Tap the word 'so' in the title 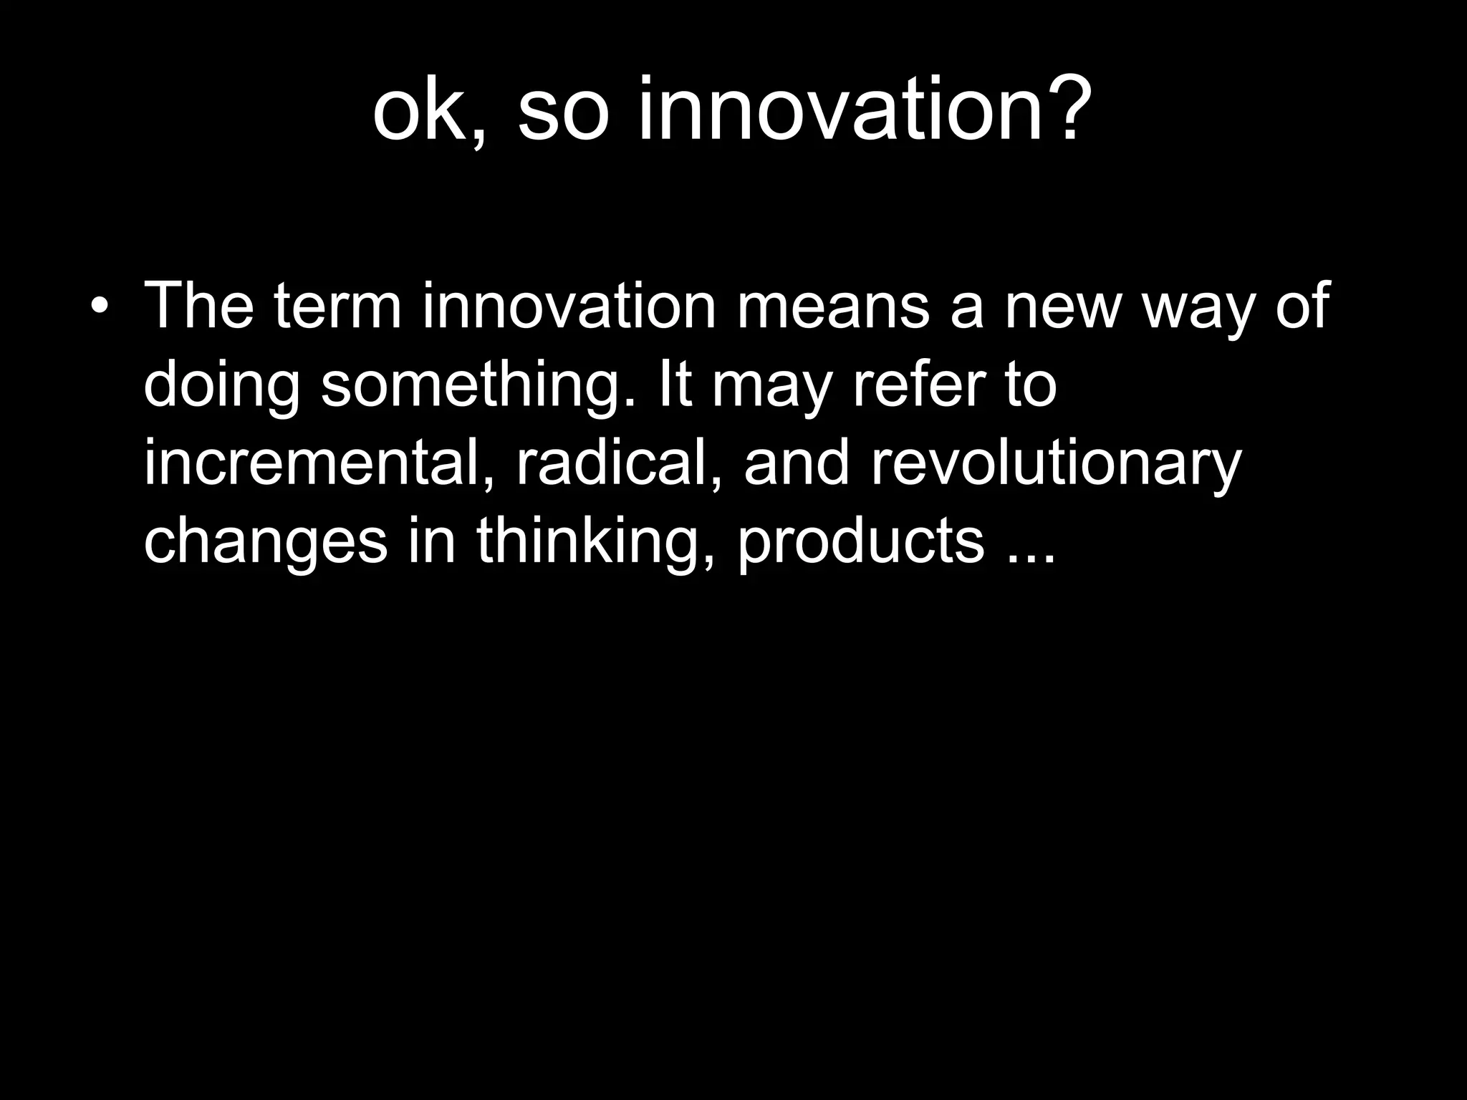[x=563, y=111]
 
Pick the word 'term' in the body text [x=337, y=307]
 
